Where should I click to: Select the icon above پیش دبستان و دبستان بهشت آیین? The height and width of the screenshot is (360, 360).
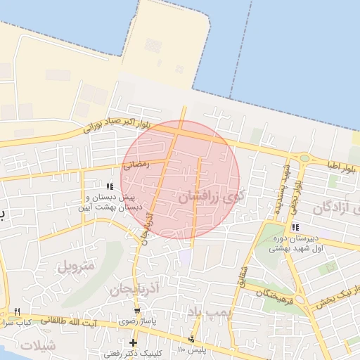[110, 186]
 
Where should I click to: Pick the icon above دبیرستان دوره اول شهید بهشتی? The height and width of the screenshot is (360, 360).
[295, 227]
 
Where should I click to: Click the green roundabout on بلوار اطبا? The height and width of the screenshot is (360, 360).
[304, 158]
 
